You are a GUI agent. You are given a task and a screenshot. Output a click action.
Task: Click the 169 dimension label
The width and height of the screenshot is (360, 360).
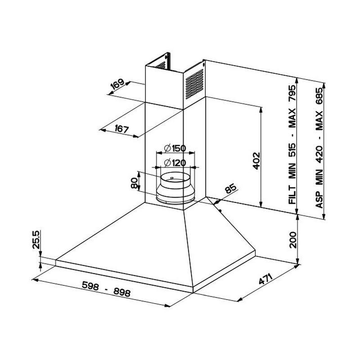tap(117, 84)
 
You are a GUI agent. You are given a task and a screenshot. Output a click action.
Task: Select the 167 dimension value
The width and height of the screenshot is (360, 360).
tap(121, 129)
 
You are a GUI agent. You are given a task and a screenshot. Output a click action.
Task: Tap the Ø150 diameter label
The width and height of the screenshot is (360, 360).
tap(175, 148)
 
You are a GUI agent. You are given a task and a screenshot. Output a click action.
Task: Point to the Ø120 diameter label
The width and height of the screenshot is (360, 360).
tap(175, 163)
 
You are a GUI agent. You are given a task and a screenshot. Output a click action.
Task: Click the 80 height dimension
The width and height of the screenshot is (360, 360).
tap(134, 183)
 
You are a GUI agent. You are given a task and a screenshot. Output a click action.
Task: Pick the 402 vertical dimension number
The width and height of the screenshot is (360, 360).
tap(256, 161)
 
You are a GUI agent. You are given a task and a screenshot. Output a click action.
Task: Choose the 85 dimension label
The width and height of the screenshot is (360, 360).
tap(230, 189)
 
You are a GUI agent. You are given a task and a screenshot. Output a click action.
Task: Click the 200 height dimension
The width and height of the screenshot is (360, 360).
tap(293, 240)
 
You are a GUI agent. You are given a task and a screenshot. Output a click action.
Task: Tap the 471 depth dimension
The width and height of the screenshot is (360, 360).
tap(265, 279)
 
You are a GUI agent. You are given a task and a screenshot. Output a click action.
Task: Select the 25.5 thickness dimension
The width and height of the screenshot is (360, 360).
tap(36, 239)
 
